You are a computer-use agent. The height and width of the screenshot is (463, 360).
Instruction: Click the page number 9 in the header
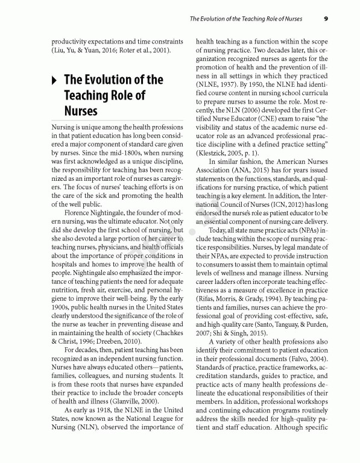pos(326,18)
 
